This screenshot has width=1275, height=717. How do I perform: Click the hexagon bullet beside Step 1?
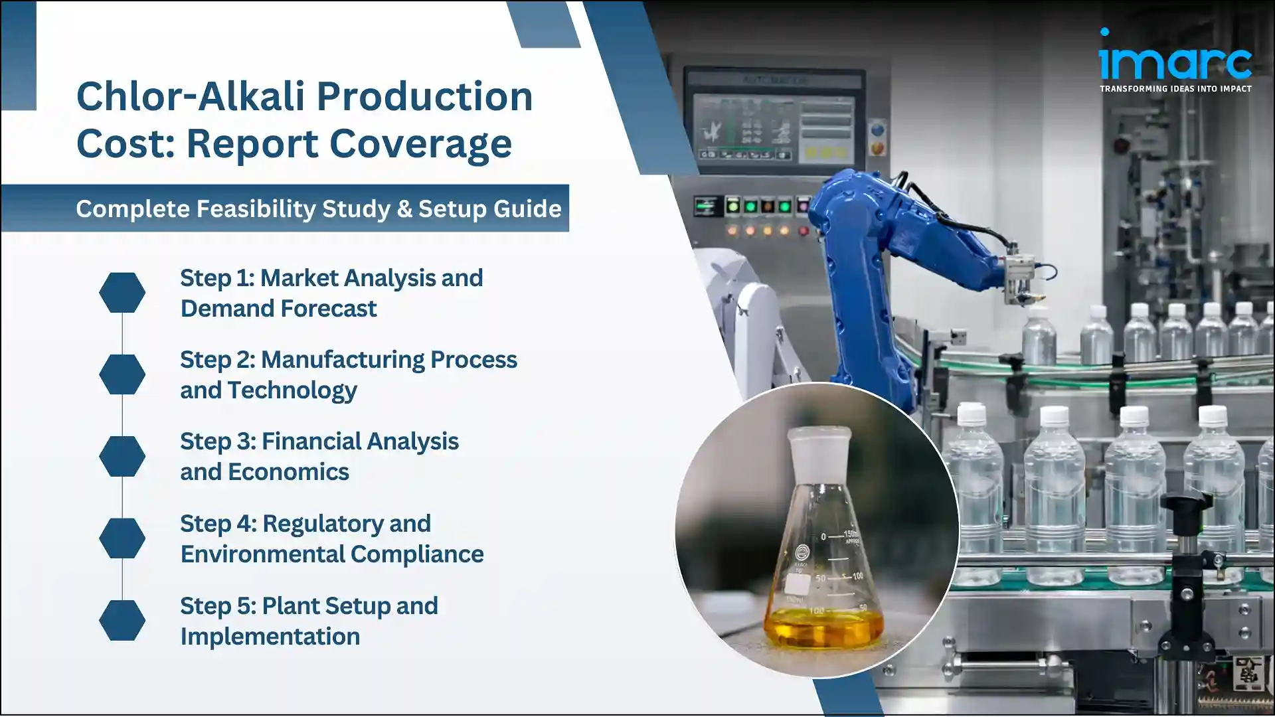122,292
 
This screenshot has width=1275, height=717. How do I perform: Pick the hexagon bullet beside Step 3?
122,456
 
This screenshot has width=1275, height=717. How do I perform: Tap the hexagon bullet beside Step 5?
122,620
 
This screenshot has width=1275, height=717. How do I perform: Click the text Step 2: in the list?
217,360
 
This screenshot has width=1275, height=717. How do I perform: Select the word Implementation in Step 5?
270,637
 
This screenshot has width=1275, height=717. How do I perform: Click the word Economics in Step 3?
288,472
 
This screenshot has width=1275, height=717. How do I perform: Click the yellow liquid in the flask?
823,627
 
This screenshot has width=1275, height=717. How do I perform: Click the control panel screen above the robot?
774,126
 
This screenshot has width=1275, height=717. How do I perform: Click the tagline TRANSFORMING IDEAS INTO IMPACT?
1175,89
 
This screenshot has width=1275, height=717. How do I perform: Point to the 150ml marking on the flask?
851,535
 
